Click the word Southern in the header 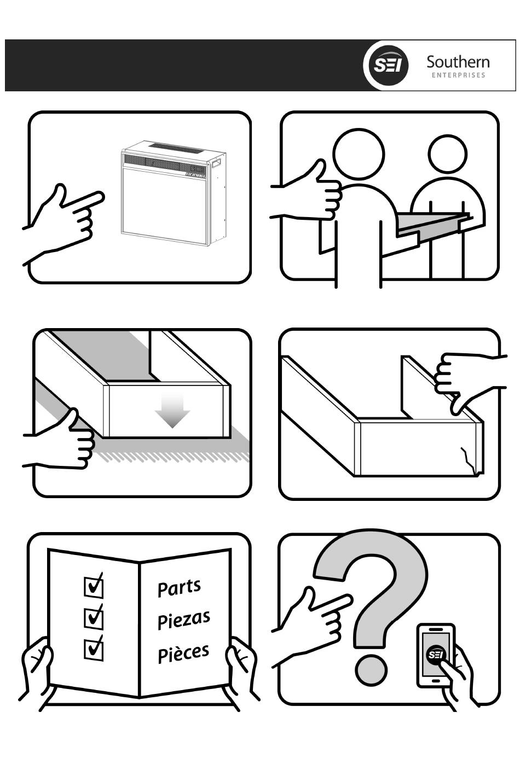click(x=458, y=62)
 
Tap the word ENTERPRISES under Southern click(x=458, y=75)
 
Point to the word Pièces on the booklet click(x=183, y=652)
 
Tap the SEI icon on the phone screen click(x=435, y=655)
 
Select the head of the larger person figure click(x=359, y=154)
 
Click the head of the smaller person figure click(x=447, y=153)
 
